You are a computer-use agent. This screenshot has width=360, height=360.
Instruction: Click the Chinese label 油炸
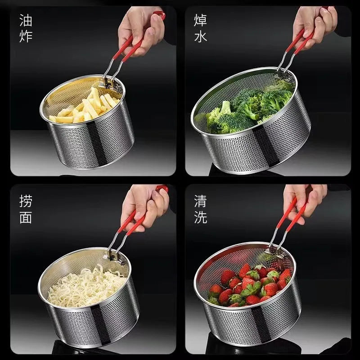pyautogui.click(x=26, y=28)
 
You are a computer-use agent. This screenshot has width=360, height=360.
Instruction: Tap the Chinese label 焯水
pyautogui.click(x=200, y=28)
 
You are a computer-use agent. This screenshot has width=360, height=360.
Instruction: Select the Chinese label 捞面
pyautogui.click(x=26, y=209)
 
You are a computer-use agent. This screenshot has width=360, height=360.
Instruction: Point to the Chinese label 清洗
pyautogui.click(x=200, y=209)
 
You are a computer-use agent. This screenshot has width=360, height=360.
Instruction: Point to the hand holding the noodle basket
pyautogui.click(x=144, y=208)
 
